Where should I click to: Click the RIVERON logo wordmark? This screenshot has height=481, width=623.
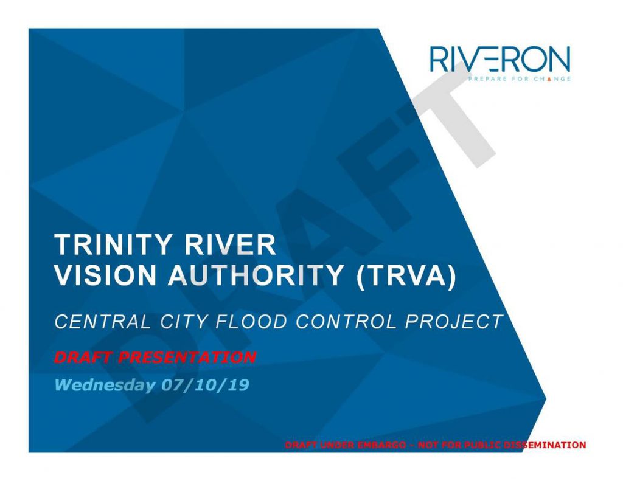[x=500, y=59]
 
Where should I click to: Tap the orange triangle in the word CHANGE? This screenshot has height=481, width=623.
[x=549, y=78]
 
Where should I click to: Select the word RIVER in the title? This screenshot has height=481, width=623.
[x=230, y=244]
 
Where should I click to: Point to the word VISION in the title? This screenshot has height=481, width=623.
[x=105, y=275]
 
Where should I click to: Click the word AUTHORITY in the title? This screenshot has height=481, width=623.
[x=256, y=275]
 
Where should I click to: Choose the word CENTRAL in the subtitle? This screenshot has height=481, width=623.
[x=103, y=322]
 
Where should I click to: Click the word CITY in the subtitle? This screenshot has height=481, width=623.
[x=184, y=322]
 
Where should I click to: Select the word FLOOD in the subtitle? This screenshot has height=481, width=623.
[x=251, y=322]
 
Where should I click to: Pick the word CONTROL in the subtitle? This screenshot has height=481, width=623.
[x=346, y=322]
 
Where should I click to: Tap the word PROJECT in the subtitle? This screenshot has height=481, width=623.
[x=454, y=322]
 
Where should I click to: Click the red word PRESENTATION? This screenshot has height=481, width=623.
[x=187, y=358]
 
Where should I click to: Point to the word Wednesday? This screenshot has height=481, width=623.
[x=105, y=385]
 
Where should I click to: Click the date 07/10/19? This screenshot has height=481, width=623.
[x=205, y=385]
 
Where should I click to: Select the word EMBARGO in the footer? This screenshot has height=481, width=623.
[x=381, y=445]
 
